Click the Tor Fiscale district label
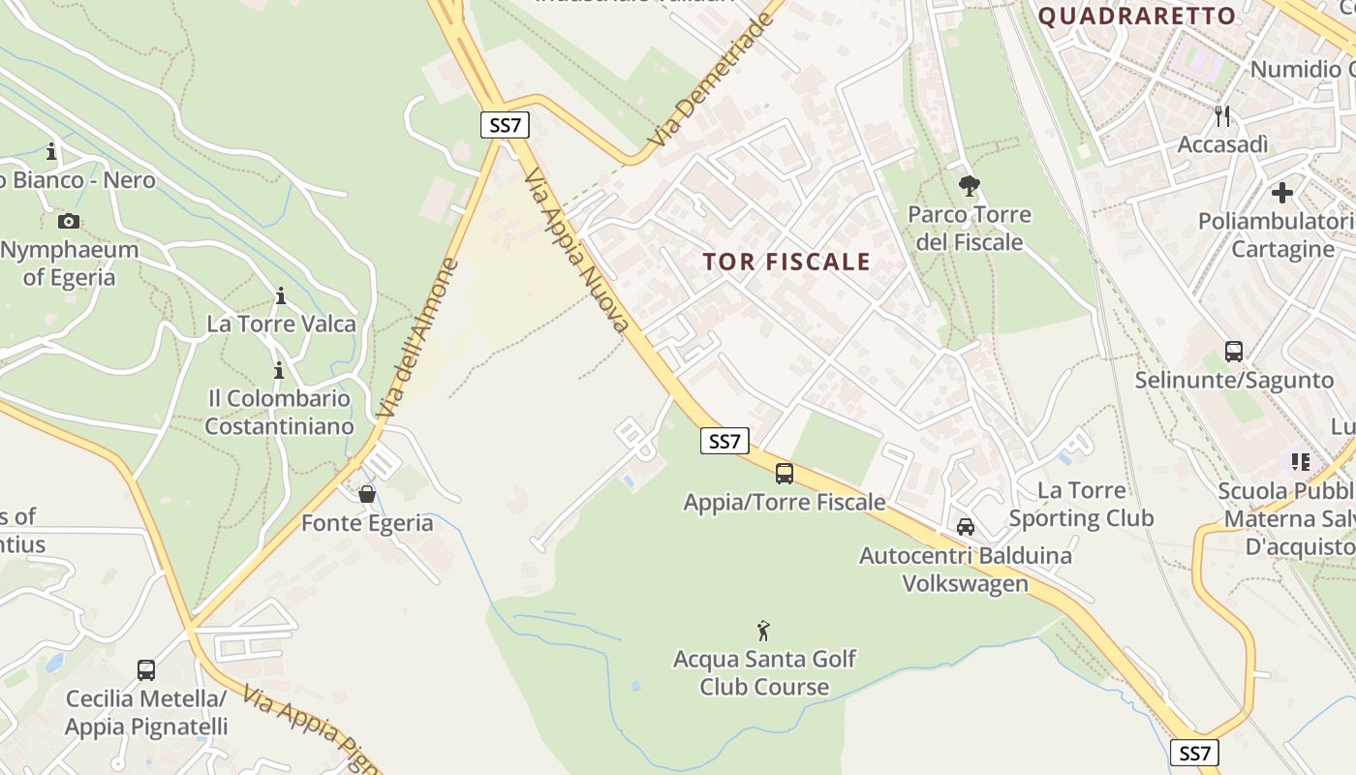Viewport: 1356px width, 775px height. [x=786, y=262]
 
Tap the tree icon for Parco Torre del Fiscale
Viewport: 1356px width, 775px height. [x=969, y=186]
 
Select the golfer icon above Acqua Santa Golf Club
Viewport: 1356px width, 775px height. [x=764, y=631]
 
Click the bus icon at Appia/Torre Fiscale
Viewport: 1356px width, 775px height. [x=785, y=474]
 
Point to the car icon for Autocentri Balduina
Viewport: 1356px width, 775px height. [x=966, y=527]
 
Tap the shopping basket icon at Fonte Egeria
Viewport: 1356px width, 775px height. [x=367, y=494]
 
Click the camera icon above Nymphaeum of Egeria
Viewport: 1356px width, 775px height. [x=68, y=221]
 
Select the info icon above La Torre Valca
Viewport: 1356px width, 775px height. [x=281, y=295]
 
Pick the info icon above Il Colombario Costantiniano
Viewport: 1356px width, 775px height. [x=279, y=370]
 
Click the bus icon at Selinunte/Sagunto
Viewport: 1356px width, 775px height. [x=1234, y=351]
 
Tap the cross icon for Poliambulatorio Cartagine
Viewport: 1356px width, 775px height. [x=1282, y=193]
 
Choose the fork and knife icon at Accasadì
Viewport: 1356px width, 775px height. [x=1222, y=116]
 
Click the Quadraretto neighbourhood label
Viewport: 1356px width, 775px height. [x=1137, y=15]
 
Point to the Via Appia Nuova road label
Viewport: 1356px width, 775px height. [x=577, y=250]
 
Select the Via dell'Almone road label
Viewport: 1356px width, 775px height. [x=417, y=338]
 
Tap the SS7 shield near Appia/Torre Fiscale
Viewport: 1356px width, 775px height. [x=724, y=441]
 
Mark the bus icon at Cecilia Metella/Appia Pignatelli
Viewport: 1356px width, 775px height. [x=146, y=669]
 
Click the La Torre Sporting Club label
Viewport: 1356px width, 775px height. [x=1081, y=504]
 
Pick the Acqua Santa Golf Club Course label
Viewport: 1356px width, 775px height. [x=764, y=673]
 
